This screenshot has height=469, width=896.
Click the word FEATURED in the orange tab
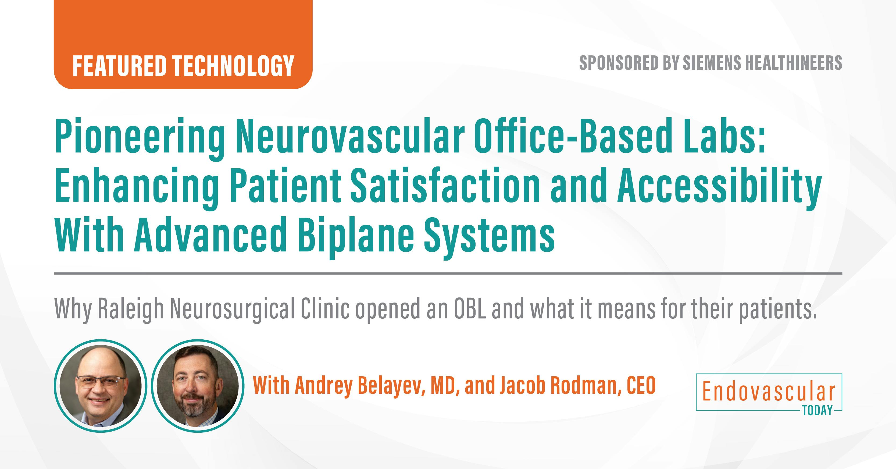coord(119,66)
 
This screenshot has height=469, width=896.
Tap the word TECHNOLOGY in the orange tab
coord(234,66)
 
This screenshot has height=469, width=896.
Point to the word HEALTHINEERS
coord(797,63)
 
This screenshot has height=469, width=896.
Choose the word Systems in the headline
coord(489,237)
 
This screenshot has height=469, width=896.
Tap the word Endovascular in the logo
coord(769,392)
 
